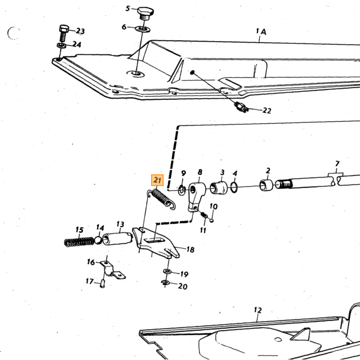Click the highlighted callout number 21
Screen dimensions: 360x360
pyautogui.click(x=157, y=180)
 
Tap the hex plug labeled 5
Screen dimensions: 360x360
pyautogui.click(x=146, y=13)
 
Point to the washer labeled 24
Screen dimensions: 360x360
pyautogui.click(x=62, y=45)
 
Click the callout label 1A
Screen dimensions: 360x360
pyautogui.click(x=261, y=31)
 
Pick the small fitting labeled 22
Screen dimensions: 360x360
pyautogui.click(x=241, y=106)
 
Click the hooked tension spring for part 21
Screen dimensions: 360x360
pyautogui.click(x=161, y=198)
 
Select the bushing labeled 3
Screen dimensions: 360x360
pyautogui.click(x=219, y=188)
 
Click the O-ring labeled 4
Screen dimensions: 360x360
pyautogui.click(x=234, y=187)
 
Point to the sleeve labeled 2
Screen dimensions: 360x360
pyautogui.click(x=266, y=185)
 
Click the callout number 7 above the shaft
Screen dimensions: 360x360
pyautogui.click(x=337, y=164)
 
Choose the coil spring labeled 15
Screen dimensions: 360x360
pyautogui.click(x=79, y=242)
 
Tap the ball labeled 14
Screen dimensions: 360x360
pyautogui.click(x=98, y=240)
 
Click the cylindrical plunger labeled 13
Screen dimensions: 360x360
pyautogui.click(x=117, y=239)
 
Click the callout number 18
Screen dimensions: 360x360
pyautogui.click(x=190, y=249)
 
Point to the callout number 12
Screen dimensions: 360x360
pyautogui.click(x=258, y=311)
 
